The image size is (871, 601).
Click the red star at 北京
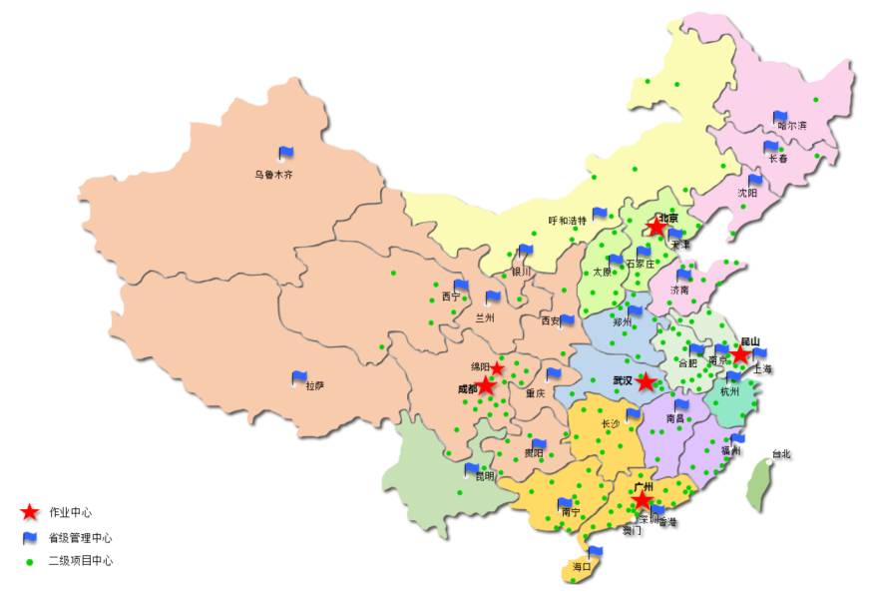point(655,228)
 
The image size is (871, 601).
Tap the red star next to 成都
point(485,386)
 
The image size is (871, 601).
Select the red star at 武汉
point(647,382)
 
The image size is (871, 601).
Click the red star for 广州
point(643,499)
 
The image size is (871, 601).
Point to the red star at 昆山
point(740,355)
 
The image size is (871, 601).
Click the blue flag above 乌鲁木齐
point(286,154)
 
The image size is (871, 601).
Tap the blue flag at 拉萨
point(299,378)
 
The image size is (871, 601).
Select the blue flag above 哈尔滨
point(780,118)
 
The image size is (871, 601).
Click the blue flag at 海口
point(596,553)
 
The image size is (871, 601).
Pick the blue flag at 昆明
point(472,469)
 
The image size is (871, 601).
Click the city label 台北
point(780,454)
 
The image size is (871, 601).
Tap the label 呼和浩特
point(568,221)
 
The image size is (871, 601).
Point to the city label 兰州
point(485,317)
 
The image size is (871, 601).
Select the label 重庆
point(536,393)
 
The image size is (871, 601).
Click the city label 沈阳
point(747,193)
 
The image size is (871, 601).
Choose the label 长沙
point(611,424)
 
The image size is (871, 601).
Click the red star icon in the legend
point(30,512)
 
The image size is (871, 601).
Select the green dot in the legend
point(30,561)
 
